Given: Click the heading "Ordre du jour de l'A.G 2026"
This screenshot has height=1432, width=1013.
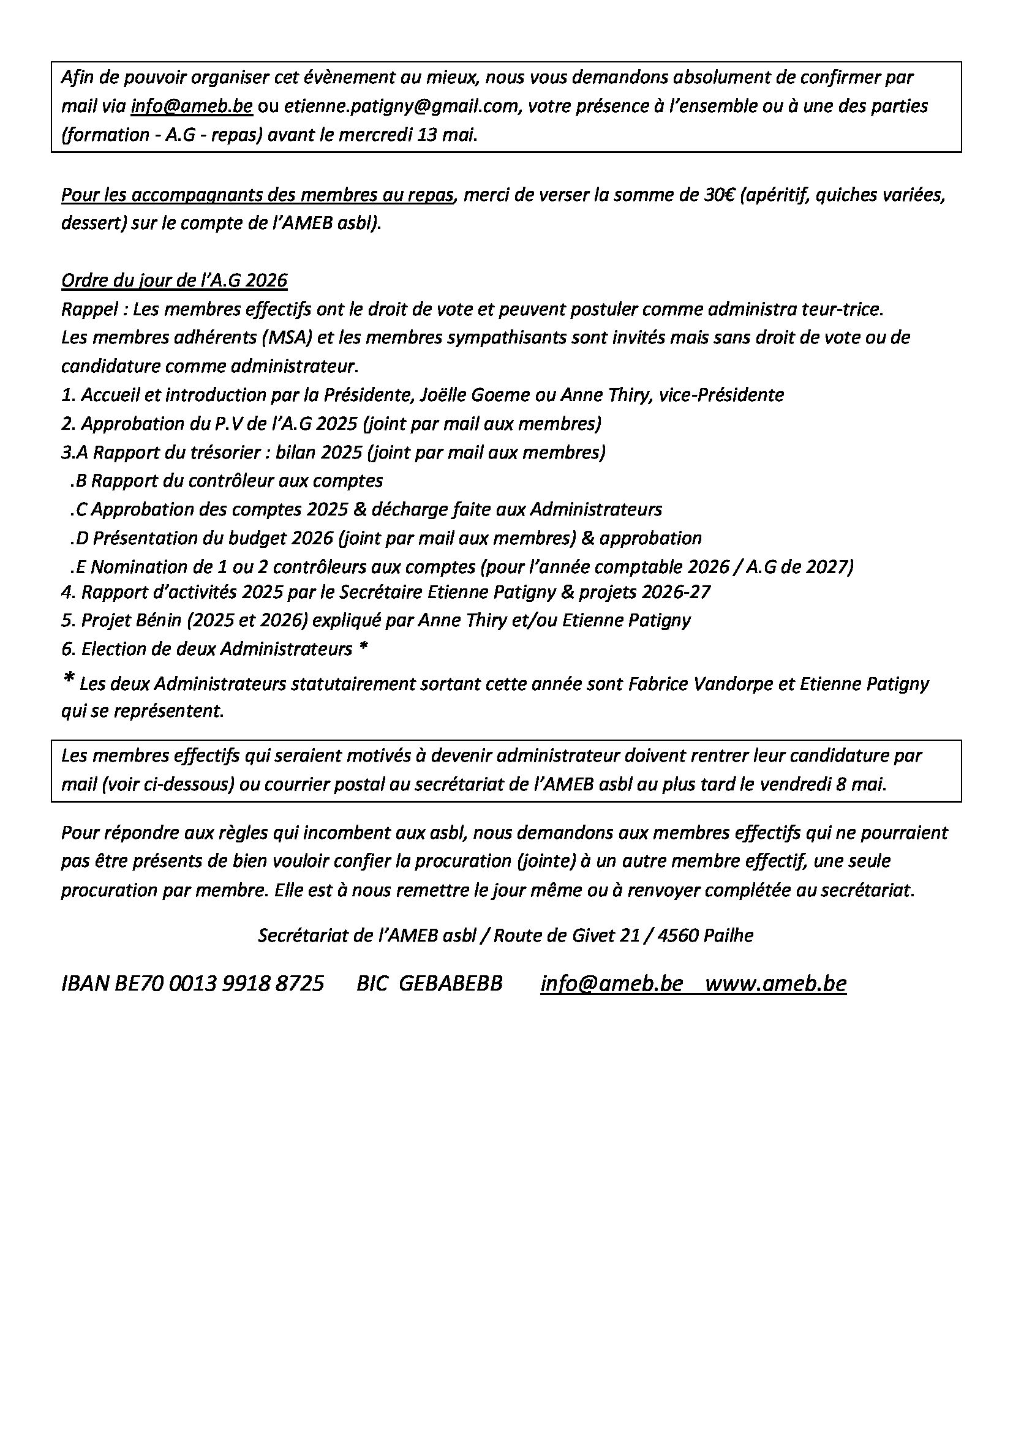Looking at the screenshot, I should (x=174, y=280).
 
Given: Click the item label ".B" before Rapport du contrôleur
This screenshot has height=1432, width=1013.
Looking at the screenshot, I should (x=78, y=481).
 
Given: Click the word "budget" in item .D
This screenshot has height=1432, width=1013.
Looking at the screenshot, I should (x=260, y=538).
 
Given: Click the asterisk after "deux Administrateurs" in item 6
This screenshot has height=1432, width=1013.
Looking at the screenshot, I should (x=363, y=648).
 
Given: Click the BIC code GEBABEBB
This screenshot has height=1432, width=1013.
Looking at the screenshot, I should (x=450, y=984).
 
